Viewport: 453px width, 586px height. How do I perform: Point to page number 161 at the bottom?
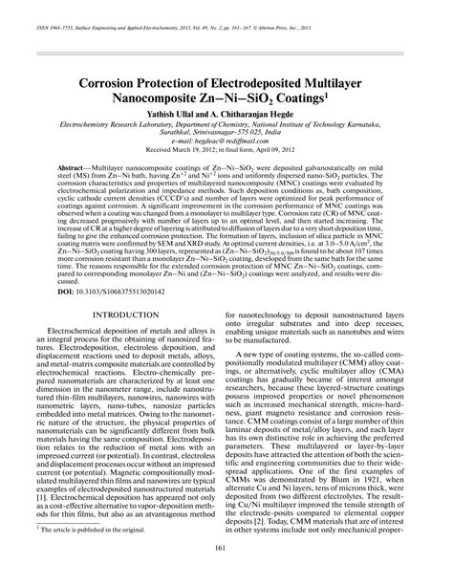(226, 573)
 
